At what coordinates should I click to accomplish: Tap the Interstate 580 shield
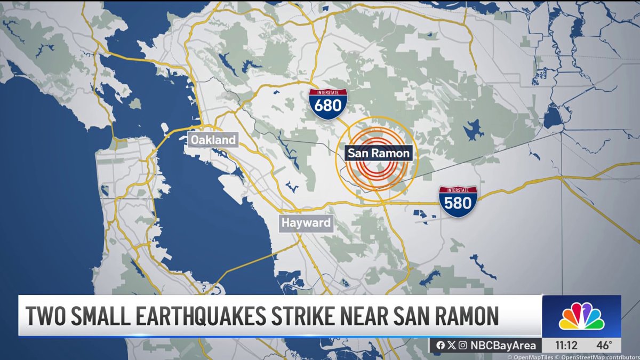click(x=458, y=201)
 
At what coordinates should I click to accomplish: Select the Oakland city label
click(x=213, y=140)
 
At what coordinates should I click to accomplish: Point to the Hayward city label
click(x=307, y=222)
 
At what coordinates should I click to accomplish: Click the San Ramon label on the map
click(x=379, y=154)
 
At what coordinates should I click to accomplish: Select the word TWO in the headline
click(x=45, y=316)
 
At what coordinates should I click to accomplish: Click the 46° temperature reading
click(x=604, y=345)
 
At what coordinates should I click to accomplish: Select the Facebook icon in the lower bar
click(x=441, y=345)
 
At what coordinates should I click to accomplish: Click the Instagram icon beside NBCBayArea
click(x=462, y=345)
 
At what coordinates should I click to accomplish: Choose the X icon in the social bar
click(x=451, y=345)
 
